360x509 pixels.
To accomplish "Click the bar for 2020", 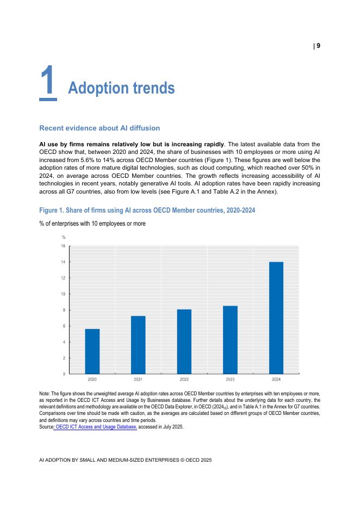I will coord(92,351).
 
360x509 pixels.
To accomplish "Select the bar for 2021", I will coord(138,345).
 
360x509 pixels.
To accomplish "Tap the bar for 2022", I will coord(184,342).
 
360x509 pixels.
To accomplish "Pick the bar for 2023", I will coord(230,340).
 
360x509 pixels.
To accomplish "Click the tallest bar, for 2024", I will coord(276,318).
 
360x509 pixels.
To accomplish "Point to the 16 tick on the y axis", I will coord(63,246).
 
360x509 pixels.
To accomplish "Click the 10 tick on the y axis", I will coord(63,294).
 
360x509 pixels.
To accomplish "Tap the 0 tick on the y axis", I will coord(64,374).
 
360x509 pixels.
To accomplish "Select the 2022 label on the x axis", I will coord(184,379).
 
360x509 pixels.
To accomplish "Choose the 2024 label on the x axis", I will coord(276,379).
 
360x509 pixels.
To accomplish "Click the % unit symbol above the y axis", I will coord(64,237).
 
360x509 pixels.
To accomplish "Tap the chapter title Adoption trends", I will coord(121,88).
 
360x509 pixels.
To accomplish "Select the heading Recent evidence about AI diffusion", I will coord(100,128).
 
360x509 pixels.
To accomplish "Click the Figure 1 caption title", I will coord(147,210).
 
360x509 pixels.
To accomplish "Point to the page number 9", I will coord(318,46).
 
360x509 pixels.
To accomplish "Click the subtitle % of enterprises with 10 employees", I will coord(92,224).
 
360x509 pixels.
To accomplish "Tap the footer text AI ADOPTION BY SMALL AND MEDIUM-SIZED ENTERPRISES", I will coord(125,460).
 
